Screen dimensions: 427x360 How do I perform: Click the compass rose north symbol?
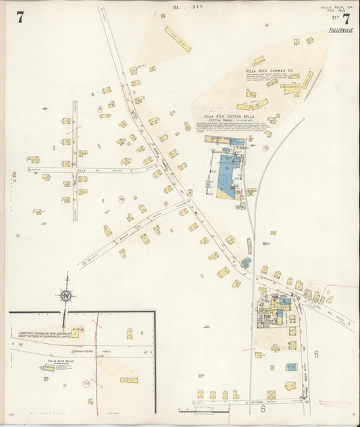(67, 295)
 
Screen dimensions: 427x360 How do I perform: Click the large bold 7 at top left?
(20, 18)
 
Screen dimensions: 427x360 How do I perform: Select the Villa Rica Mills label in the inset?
(53, 361)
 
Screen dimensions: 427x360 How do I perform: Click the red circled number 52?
(86, 382)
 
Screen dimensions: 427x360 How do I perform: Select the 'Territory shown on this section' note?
(40, 334)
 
